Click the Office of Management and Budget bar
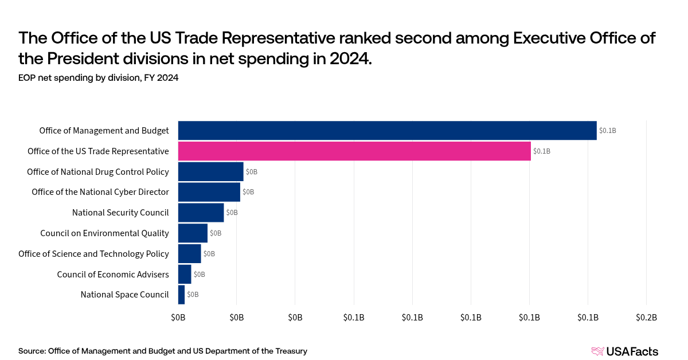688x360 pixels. point(387,131)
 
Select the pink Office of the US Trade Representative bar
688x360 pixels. point(354,151)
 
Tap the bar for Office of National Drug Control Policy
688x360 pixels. point(210,172)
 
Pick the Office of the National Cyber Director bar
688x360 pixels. point(209,192)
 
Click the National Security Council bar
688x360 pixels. point(201,213)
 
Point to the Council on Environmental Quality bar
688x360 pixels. point(193,233)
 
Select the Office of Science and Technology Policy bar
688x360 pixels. point(189,253)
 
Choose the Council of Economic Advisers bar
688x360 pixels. point(185,274)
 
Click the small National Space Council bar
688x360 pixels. point(181,295)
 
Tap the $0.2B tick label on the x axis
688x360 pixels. point(646,318)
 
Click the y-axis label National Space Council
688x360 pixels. point(124,295)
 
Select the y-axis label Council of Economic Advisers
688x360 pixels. point(113,274)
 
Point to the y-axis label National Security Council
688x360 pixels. point(120,213)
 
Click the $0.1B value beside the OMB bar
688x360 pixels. point(607,131)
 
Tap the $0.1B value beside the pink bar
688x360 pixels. point(541,151)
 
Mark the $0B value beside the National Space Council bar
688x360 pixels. point(193,295)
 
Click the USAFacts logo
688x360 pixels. point(624,351)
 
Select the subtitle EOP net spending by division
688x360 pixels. point(98,78)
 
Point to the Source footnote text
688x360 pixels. point(163,351)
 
